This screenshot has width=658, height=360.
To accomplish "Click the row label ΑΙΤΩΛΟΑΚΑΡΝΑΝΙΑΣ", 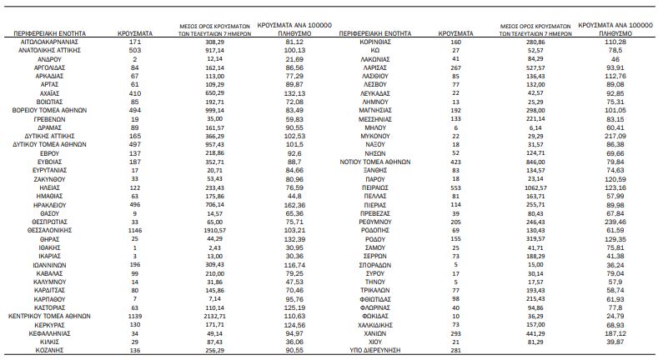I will tap(51, 41).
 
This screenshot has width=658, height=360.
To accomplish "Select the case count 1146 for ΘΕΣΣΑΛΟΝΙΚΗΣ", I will tap(134, 227).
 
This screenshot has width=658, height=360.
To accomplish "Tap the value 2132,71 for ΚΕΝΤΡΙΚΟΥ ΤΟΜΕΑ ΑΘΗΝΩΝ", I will tap(214, 317).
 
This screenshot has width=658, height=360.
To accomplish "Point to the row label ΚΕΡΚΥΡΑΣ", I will tap(51, 326).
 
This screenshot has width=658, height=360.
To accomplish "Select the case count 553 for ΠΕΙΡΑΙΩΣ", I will tap(455, 189).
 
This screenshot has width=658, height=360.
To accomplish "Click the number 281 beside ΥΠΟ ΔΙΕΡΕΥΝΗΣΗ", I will tap(455, 350).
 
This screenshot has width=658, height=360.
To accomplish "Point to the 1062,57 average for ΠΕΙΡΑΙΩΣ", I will tap(535, 189).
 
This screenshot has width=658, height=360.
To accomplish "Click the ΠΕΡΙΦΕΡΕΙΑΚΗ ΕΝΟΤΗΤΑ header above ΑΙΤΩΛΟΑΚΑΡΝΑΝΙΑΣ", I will tap(51, 32).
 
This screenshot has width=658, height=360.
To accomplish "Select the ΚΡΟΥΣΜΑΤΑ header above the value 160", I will tap(455, 32).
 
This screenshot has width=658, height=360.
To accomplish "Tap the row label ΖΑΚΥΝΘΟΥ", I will tap(51, 179).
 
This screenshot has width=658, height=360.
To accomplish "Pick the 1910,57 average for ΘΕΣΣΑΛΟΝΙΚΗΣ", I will tap(214, 227).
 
